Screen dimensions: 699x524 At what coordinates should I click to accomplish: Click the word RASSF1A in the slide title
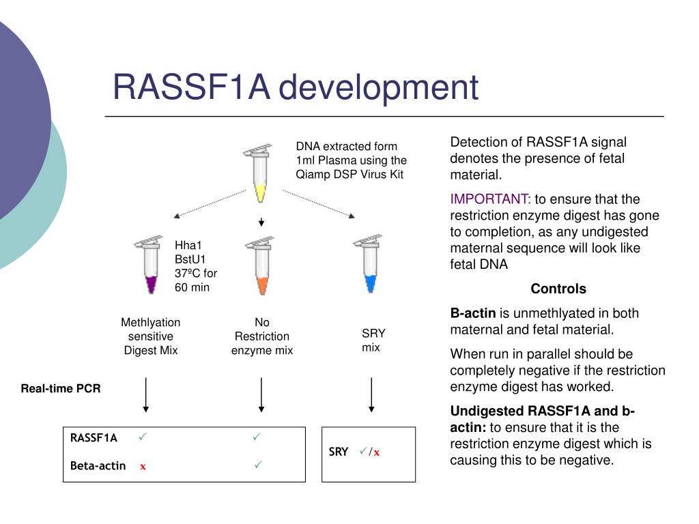(192, 87)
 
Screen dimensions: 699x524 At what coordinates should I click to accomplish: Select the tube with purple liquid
(149, 265)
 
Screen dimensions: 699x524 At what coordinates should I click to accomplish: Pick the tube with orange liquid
(261, 265)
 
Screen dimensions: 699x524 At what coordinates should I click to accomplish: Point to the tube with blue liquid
(369, 263)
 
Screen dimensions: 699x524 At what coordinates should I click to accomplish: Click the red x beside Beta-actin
(143, 467)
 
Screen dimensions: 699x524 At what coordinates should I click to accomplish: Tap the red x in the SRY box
(377, 453)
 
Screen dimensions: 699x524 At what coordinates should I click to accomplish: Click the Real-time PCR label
(61, 388)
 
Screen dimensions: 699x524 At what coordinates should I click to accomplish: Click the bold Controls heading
(558, 289)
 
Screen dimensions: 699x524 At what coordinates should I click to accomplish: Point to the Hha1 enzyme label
(188, 245)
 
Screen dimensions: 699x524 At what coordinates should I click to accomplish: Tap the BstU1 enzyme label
(190, 259)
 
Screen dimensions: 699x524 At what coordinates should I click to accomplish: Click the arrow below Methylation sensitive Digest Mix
(146, 395)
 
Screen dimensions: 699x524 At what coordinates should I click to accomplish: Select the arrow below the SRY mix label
(371, 395)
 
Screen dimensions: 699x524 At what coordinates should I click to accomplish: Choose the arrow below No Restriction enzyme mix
(261, 395)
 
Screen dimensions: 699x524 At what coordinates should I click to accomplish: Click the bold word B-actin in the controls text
(473, 313)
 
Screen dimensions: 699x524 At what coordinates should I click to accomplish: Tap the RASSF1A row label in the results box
(94, 438)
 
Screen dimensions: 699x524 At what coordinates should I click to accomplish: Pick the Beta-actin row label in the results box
(98, 465)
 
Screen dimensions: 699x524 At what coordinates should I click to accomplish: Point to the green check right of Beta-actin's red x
(258, 465)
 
